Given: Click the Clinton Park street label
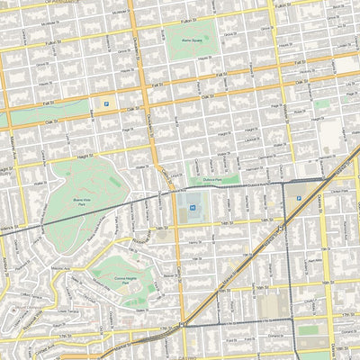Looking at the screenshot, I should pyautogui.click(x=337, y=191).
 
